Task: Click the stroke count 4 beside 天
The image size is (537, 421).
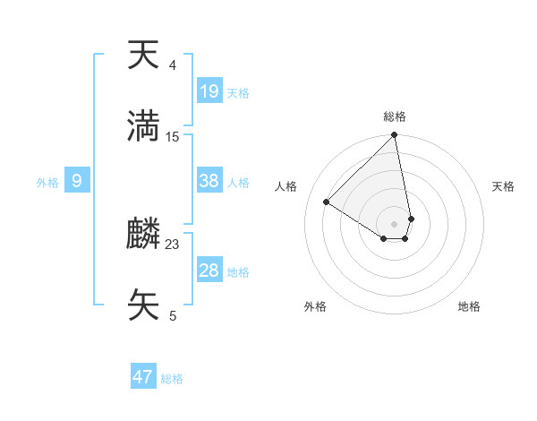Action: pos(173,65)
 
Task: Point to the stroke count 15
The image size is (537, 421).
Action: pos(173,136)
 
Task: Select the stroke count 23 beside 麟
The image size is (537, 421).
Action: pos(173,244)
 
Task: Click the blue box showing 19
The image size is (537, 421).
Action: pos(209,90)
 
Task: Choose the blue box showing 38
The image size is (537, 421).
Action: pos(209,181)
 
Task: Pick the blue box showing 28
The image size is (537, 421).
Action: pos(209,271)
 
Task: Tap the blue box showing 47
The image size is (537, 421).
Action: pos(143,377)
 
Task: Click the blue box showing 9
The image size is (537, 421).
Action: pos(77,181)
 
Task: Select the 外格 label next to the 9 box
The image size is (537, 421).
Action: pos(47,182)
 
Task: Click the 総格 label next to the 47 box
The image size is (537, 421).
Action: pos(172,379)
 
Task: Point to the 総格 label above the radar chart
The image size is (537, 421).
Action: pos(395,116)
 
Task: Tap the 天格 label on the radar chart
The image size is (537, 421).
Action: pos(504,186)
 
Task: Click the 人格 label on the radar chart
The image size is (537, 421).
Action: pos(286,186)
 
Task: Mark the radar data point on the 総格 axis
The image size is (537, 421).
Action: pos(395,135)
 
